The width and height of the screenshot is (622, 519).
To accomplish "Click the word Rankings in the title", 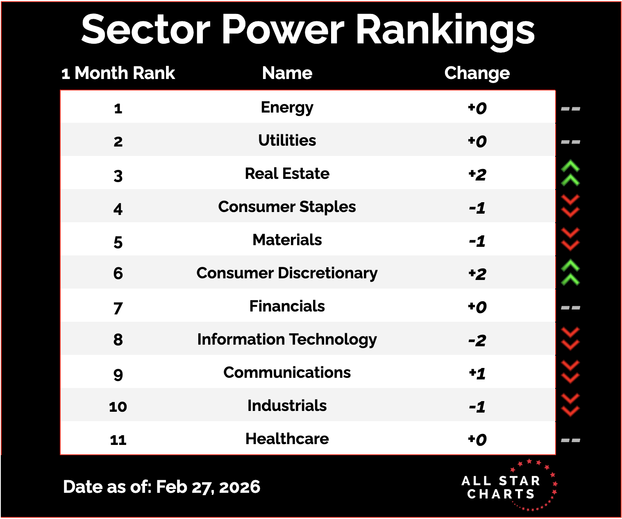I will click(446, 30).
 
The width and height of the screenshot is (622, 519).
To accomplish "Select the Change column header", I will click(477, 73).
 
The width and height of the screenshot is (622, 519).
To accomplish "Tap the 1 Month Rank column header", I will click(118, 73).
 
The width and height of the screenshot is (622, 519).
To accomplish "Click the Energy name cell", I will click(287, 108).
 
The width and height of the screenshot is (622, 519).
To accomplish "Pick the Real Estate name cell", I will click(287, 174).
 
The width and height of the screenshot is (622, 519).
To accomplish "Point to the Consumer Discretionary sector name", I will click(287, 273).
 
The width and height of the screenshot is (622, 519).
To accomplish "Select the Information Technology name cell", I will click(287, 340).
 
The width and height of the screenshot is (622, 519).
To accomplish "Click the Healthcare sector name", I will click(287, 439).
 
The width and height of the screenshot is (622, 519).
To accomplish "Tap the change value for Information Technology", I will click(477, 340).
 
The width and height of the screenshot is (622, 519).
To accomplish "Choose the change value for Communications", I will click(477, 373).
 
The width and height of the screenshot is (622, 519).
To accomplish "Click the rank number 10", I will click(118, 407).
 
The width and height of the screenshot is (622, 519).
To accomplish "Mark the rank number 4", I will click(118, 209).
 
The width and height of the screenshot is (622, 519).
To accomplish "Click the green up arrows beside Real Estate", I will click(570, 174).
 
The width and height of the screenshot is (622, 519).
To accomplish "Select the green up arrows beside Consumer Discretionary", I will click(570, 273).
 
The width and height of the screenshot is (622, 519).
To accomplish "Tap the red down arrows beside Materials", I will click(570, 239).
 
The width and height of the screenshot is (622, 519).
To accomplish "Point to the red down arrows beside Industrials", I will click(570, 405).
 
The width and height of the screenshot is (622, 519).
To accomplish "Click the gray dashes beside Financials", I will click(570, 308).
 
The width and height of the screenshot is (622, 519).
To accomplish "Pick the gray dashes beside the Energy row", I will click(570, 109).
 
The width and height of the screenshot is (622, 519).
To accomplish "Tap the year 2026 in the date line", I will click(240, 487).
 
